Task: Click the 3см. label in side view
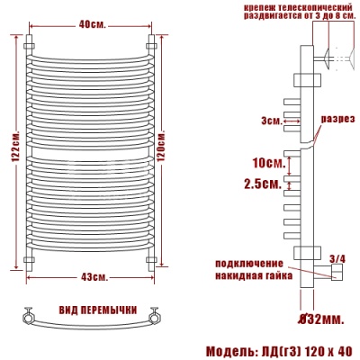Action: pos(268,120)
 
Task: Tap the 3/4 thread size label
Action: pos(337,259)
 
